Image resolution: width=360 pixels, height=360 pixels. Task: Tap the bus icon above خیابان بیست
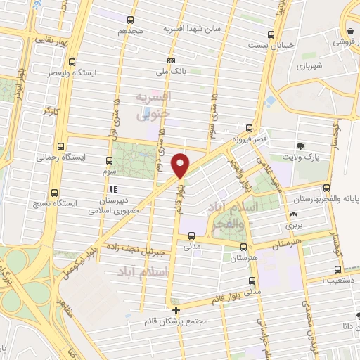point(271,34)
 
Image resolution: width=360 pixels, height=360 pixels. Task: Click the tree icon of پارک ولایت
point(301,146)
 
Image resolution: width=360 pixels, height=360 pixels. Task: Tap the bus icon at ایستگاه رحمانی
point(61,148)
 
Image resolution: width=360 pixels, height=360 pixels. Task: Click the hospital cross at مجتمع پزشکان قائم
point(176,309)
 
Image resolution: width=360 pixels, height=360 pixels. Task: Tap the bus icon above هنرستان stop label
point(243,247)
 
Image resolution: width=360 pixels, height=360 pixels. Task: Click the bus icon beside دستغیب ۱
point(339,269)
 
